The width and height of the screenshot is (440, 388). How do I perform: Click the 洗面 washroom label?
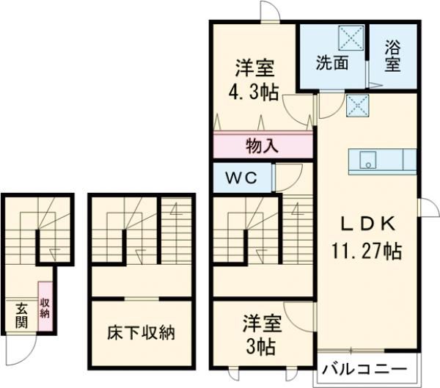coord(331,62)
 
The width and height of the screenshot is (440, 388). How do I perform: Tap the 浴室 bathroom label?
coord(393,56)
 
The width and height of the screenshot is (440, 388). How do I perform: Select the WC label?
coord(241,178)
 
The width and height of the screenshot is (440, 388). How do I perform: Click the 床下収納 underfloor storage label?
coord(142,332)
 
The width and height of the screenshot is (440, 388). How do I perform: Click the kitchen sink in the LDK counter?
coord(366,160)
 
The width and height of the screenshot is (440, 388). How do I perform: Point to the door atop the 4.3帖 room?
coord(270,10)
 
